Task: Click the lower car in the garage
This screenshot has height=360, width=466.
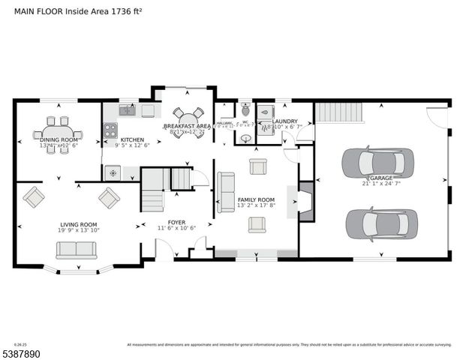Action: tap(381, 223)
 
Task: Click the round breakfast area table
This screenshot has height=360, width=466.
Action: tap(188, 121)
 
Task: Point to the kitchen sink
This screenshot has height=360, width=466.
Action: tap(127, 111)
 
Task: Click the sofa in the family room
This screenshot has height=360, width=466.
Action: tap(224, 192)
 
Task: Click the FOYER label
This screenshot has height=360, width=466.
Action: tap(176, 222)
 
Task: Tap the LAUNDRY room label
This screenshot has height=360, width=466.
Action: tap(284, 121)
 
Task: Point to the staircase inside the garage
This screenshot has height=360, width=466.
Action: tap(338, 112)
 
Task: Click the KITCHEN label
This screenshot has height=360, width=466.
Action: tap(132, 139)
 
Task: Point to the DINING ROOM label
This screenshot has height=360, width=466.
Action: tap(58, 139)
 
